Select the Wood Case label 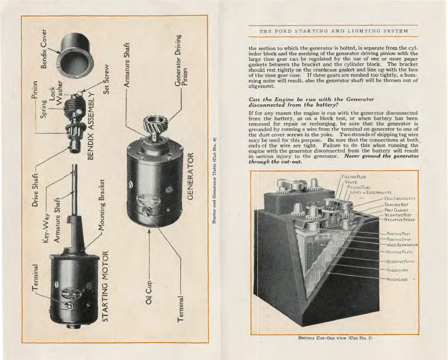coord(397,279)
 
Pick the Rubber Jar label coord(397,269)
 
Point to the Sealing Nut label coord(396,204)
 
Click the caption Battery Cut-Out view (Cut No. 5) coord(335,338)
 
